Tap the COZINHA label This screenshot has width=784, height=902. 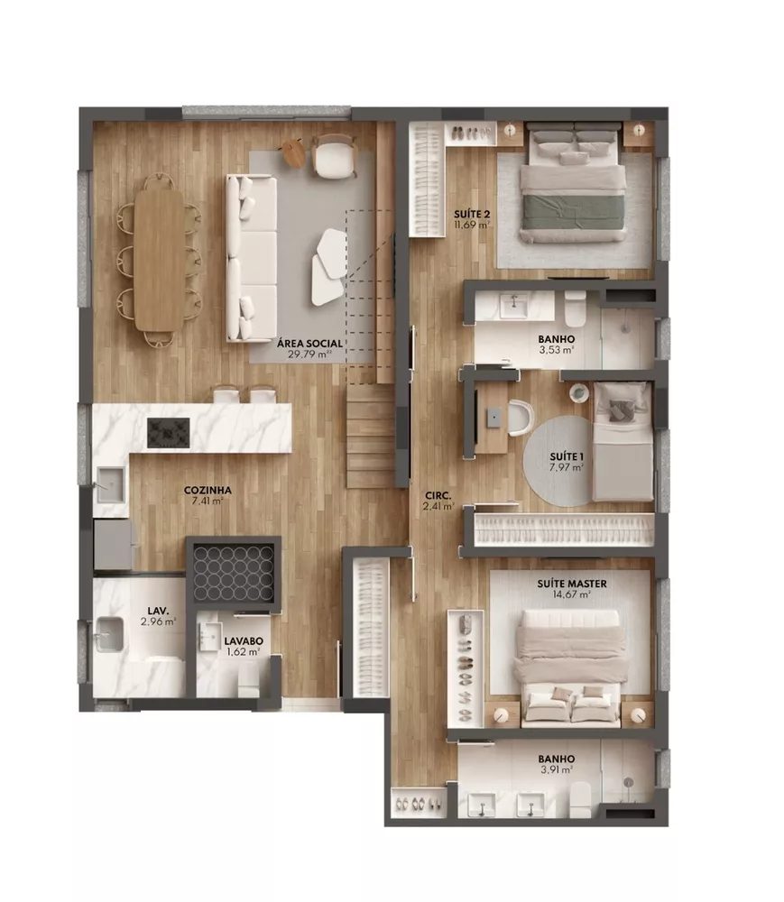point(208,491)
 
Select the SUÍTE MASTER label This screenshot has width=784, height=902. point(572,584)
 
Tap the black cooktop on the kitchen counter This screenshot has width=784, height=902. point(168,431)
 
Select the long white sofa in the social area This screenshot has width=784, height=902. point(251,258)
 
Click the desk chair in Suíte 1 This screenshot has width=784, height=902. point(518,417)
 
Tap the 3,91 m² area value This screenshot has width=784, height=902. point(556,770)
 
